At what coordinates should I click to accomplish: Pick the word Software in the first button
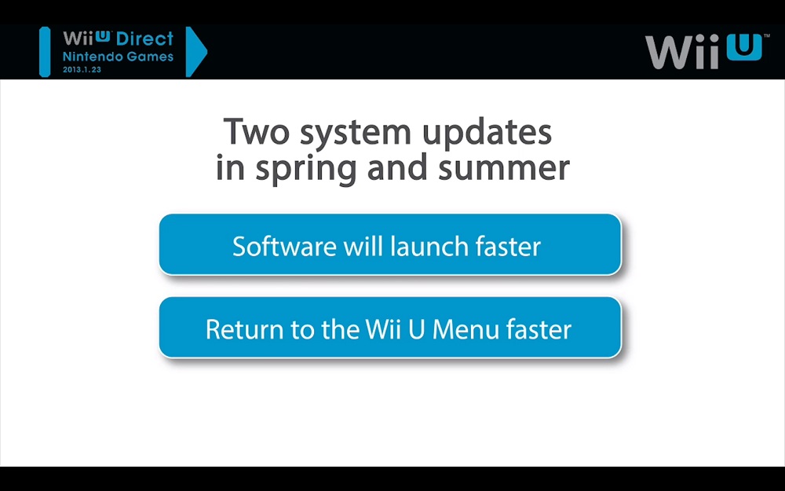pos(284,246)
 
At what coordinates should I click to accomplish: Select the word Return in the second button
pos(239,329)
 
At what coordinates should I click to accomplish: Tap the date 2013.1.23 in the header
pos(82,70)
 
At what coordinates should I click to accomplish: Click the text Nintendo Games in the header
pos(119,57)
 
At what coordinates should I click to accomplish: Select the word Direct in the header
pos(144,39)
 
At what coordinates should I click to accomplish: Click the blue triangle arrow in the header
pos(195,52)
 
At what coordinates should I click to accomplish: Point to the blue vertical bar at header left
pos(45,52)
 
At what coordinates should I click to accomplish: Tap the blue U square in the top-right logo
pos(744,47)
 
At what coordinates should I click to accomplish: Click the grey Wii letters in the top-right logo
pos(684,52)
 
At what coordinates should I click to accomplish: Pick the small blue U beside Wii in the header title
pos(102,36)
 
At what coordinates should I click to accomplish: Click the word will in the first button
pos(363,246)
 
